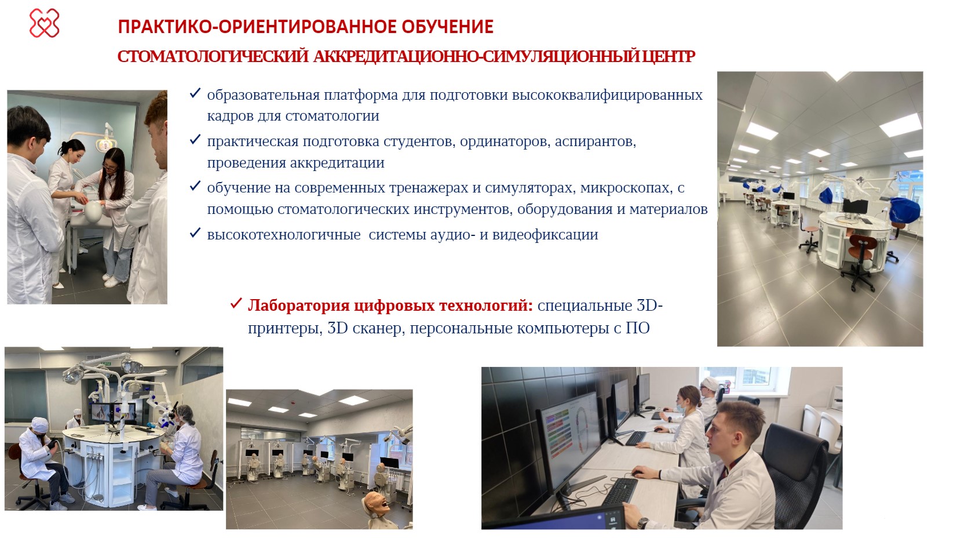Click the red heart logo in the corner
[44, 23]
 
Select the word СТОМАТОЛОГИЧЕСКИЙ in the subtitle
[213, 57]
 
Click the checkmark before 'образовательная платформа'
[195, 93]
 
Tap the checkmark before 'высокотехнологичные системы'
[195, 233]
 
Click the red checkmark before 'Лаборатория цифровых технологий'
[236, 303]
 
